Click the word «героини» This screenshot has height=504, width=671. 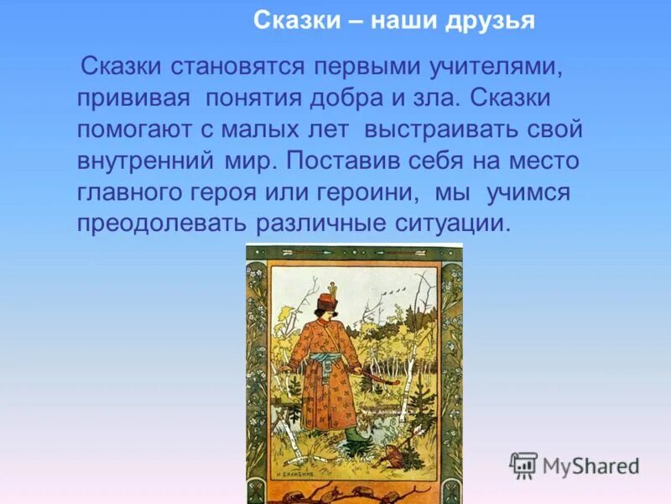(x=368, y=192)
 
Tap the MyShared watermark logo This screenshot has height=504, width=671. (x=575, y=465)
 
